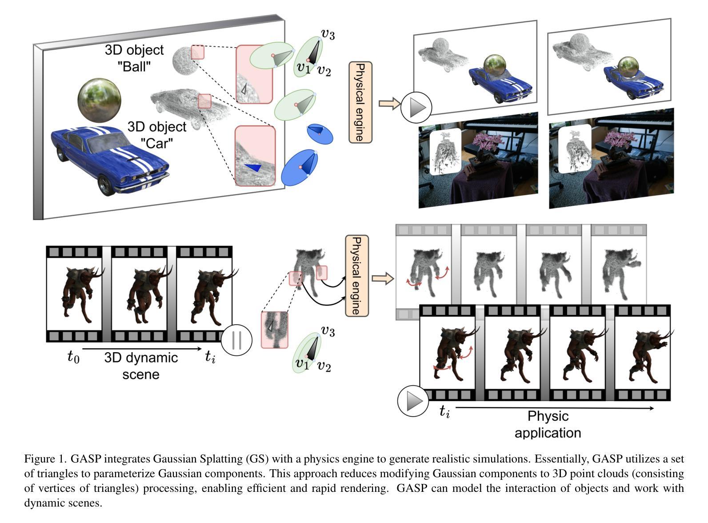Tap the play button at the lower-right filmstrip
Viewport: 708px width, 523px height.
tap(413, 401)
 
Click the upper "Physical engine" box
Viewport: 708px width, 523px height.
tap(360, 102)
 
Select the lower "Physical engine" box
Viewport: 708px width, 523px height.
tap(357, 276)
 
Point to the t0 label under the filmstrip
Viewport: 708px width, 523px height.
tap(73, 357)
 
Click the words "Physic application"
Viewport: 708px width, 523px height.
tap(548, 424)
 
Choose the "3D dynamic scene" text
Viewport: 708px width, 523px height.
tap(141, 365)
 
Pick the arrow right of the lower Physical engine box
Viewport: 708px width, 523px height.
tap(382, 279)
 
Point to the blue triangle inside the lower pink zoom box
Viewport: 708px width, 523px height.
tap(253, 168)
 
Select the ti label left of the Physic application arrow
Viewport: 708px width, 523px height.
tap(444, 412)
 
